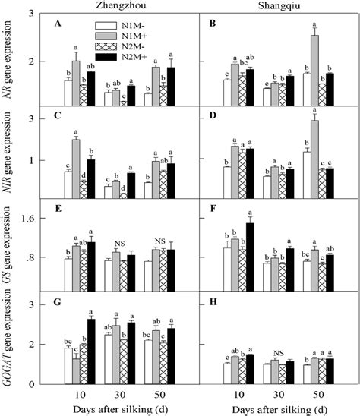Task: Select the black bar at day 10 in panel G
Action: [91, 351]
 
